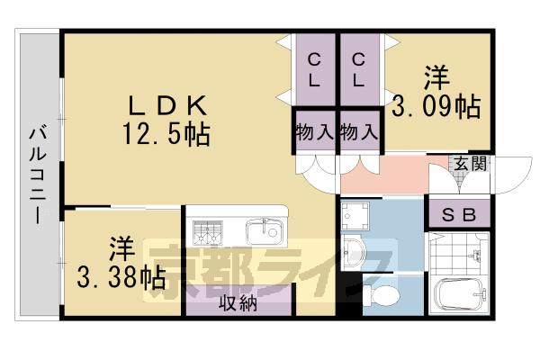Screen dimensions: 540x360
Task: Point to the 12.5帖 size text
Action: (x=166, y=135)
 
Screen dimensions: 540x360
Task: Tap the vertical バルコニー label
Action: (x=38, y=175)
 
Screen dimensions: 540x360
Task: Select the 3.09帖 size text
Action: (x=437, y=107)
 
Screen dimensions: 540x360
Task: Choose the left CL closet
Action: (x=315, y=70)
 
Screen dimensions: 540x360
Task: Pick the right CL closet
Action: (x=359, y=70)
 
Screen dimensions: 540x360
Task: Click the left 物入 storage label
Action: (x=314, y=131)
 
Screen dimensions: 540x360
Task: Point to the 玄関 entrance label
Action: (x=469, y=164)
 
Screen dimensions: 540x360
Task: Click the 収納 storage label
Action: (x=238, y=302)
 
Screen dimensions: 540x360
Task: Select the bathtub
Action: (x=460, y=293)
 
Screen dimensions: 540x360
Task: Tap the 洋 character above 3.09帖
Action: (x=436, y=77)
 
